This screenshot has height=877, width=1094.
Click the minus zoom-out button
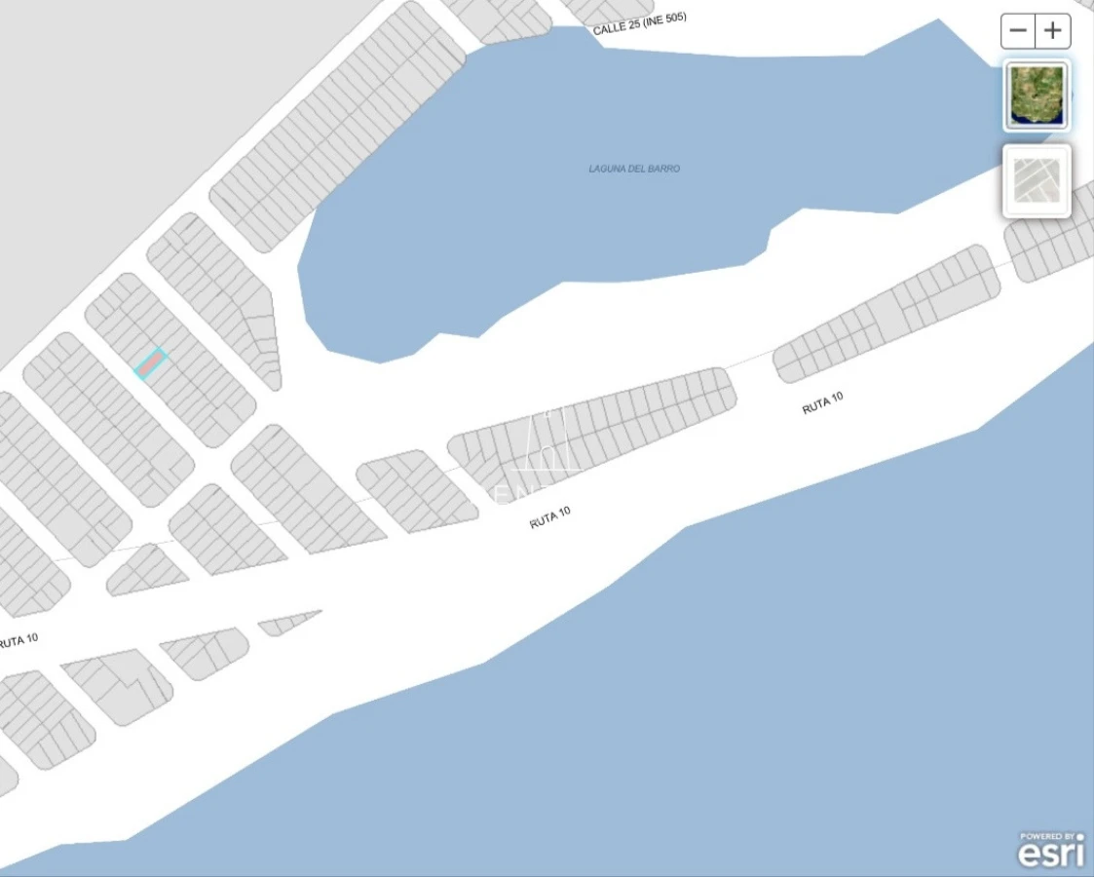click(1018, 31)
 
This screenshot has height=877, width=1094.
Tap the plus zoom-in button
click(1053, 31)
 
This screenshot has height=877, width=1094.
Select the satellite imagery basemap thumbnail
click(1037, 95)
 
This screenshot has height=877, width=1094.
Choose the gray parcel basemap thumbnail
click(1037, 181)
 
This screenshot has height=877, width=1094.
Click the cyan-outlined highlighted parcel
click(150, 363)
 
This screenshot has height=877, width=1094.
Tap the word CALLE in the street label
click(608, 29)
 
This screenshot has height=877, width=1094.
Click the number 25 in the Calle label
click(632, 24)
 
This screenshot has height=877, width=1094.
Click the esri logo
click(1051, 854)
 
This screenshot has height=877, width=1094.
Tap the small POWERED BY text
click(1047, 836)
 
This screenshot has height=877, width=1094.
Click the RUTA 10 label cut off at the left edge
click(19, 641)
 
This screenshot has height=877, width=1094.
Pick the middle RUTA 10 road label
click(549, 517)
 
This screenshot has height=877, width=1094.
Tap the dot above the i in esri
click(1079, 837)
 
